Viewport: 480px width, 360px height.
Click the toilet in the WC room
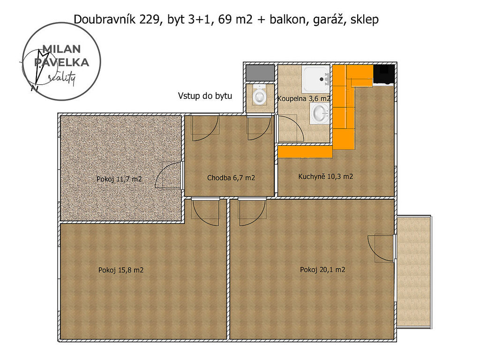pyautogui.click(x=260, y=95)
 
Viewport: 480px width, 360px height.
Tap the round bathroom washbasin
pyautogui.click(x=320, y=113)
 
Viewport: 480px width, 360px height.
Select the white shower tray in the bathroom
pyautogui.click(x=315, y=79)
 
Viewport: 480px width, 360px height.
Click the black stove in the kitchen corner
pyautogui.click(x=383, y=75)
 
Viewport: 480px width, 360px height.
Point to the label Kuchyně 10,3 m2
pyautogui.click(x=325, y=177)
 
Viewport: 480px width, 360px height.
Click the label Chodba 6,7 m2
pyautogui.click(x=231, y=178)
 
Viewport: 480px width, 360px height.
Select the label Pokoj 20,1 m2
pyautogui.click(x=322, y=270)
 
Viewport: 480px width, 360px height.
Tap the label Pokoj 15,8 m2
pyautogui.click(x=120, y=270)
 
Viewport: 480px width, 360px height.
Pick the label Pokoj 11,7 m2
pyautogui.click(x=119, y=179)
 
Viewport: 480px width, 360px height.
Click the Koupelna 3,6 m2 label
pyautogui.click(x=303, y=98)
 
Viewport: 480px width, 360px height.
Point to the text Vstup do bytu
pyautogui.click(x=205, y=96)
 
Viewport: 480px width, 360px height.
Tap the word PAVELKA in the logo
pyautogui.click(x=61, y=62)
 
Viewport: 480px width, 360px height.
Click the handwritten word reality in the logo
pyautogui.click(x=62, y=79)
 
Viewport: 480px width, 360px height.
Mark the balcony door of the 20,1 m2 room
pyautogui.click(x=381, y=248)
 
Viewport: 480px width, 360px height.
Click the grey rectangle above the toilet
pyautogui.click(x=260, y=73)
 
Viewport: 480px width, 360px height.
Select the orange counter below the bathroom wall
pyautogui.click(x=305, y=152)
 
